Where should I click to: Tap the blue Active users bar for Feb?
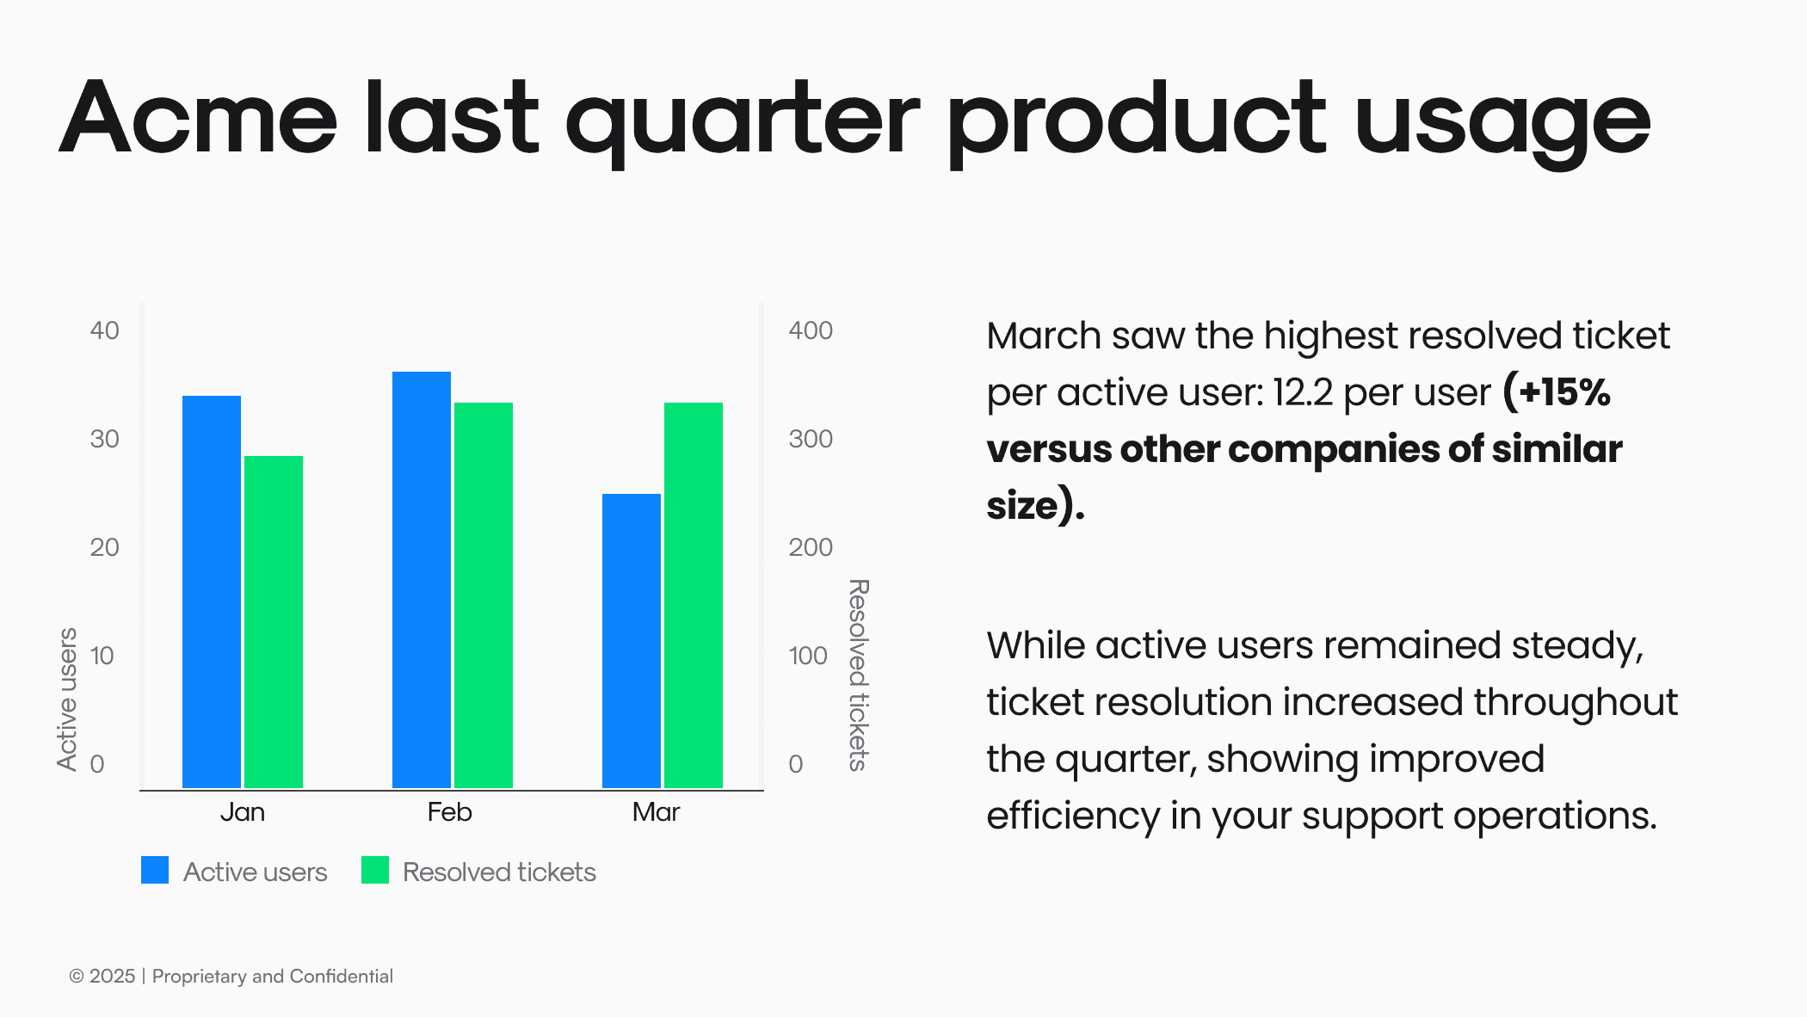(x=422, y=580)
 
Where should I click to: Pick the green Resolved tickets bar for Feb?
(x=484, y=595)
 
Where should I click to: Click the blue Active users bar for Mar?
(x=632, y=641)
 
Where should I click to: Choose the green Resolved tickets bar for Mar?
(x=694, y=595)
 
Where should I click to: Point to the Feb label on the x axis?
(x=449, y=812)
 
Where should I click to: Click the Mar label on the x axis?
(x=656, y=812)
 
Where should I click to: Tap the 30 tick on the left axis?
(x=104, y=439)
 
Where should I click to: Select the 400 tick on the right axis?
(x=811, y=330)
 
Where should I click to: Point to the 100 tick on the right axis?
(x=808, y=656)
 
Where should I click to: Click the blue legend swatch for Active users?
(x=155, y=870)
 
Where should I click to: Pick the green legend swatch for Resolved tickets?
(x=375, y=870)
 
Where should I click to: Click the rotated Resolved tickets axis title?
(x=859, y=675)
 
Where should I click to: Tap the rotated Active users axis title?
(x=67, y=699)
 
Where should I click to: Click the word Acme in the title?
(x=198, y=118)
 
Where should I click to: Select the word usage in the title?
(x=1502, y=120)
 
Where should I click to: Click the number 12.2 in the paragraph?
(x=1303, y=392)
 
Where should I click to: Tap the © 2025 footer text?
(x=102, y=976)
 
